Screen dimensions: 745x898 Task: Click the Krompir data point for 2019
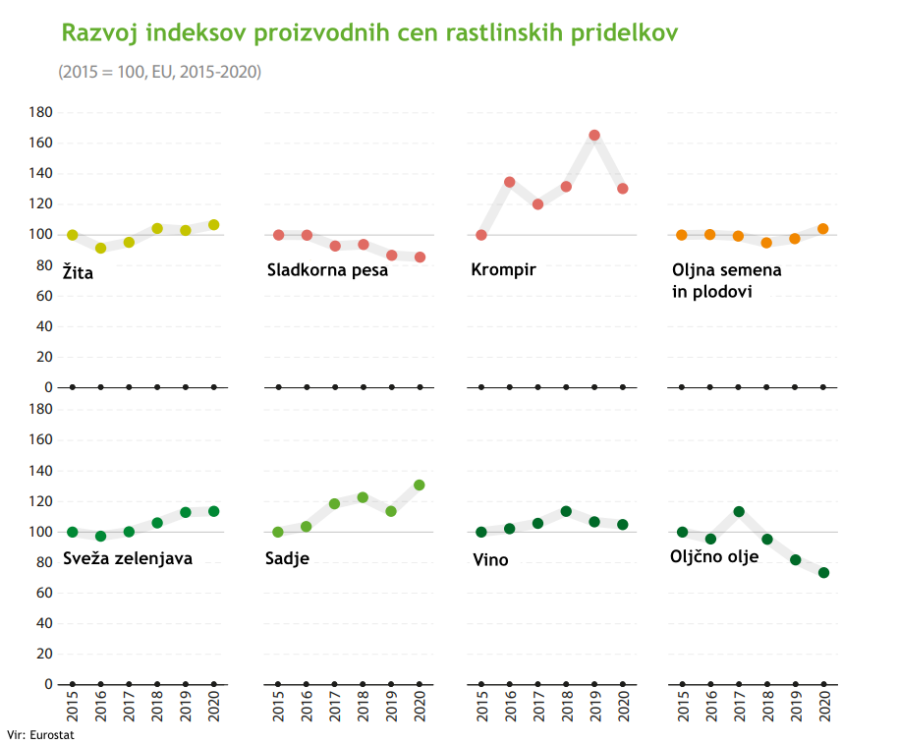tap(594, 136)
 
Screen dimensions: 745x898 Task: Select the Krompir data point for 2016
tap(510, 182)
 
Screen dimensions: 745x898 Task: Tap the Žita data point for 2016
tap(100, 249)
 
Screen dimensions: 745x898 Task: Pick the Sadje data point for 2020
tap(420, 485)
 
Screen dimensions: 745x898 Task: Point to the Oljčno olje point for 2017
tap(739, 512)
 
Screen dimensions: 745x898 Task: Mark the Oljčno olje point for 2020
tap(823, 572)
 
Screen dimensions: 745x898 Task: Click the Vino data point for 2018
tap(566, 511)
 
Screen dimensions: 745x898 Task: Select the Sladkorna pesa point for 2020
tap(420, 258)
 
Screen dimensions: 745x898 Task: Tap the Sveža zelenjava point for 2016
tap(100, 537)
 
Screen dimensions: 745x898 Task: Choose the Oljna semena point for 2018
tap(766, 243)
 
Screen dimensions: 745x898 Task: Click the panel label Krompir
tap(504, 270)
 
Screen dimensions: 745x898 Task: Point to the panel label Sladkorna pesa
tap(327, 270)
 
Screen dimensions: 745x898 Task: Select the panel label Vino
tap(491, 560)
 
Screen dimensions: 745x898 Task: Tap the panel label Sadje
tap(288, 559)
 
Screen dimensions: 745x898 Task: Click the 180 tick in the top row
tap(40, 112)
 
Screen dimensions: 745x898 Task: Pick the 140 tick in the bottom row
tap(40, 471)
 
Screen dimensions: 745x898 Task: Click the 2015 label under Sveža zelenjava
tap(73, 706)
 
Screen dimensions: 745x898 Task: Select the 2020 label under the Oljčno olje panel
tap(824, 706)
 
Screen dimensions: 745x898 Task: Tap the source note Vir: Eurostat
tap(40, 734)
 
